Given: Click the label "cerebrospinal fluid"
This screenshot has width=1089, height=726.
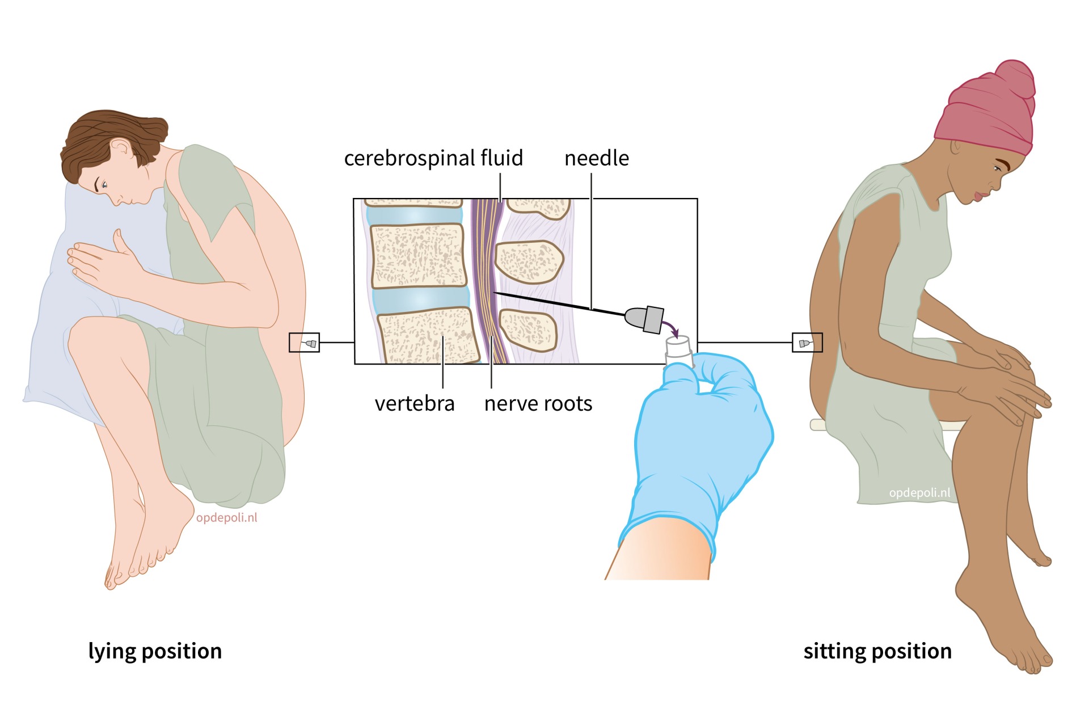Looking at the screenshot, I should coord(433,158).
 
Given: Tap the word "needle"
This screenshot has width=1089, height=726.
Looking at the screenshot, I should coord(596,158).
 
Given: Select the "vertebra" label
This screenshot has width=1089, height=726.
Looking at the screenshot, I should coord(415,404).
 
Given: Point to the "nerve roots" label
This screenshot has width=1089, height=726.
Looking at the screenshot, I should coord(538,404).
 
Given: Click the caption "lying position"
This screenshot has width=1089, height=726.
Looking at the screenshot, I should coord(155,651).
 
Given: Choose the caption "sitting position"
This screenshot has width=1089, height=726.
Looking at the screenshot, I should coord(877,651).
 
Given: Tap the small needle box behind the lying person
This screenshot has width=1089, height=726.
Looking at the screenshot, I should coord(304,343).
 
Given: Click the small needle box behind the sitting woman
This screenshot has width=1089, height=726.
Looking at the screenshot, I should coord(807,343).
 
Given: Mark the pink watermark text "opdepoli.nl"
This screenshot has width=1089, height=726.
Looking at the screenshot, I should coord(226,518).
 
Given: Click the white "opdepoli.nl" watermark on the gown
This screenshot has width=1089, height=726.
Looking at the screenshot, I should coord(919,493).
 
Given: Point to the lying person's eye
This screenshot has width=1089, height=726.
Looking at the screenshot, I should coord(104,184).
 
